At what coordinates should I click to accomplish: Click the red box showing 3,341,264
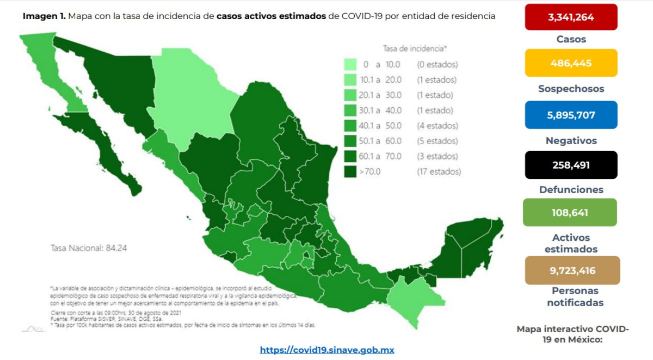(571, 17)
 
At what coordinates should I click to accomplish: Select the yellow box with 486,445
(571, 63)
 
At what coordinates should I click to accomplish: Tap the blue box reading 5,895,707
(571, 115)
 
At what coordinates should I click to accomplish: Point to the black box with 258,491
(571, 165)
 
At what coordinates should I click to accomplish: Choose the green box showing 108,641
(569, 212)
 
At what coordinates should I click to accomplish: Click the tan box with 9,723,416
(572, 270)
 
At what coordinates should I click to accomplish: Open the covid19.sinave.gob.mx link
(326, 350)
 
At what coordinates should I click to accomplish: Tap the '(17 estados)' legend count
(439, 172)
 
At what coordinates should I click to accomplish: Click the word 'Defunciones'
(571, 190)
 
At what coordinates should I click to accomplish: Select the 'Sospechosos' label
(571, 89)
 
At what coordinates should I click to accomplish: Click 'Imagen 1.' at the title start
(44, 16)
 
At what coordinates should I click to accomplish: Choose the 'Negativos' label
(571, 141)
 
